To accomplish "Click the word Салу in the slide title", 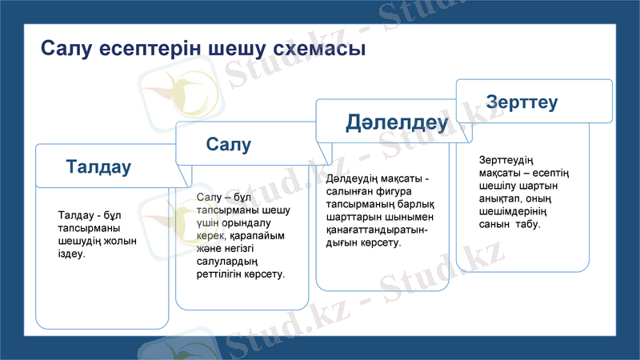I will (x=67, y=49).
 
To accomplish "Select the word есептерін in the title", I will (x=151, y=49).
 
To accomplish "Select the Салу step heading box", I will (x=228, y=144).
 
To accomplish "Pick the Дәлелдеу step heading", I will (x=396, y=122).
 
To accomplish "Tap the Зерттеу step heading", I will (x=522, y=102).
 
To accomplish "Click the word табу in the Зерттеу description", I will (x=527, y=224).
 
